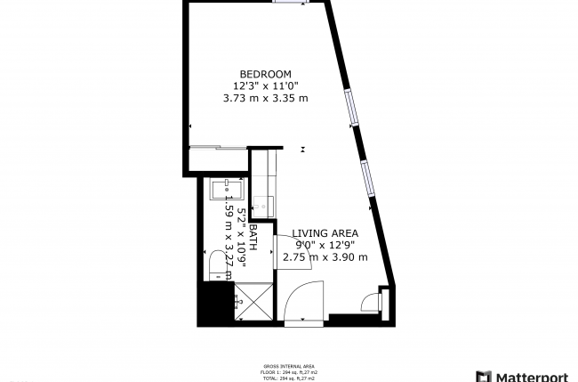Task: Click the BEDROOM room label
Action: pos(265,73)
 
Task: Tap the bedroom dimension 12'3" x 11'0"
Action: pos(265,85)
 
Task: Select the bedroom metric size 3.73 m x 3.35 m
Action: pos(265,98)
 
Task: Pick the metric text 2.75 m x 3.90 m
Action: pos(325,257)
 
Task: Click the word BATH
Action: pos(253,237)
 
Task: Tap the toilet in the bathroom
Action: pos(216,264)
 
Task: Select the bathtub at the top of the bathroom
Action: pos(229,190)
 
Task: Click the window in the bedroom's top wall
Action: pos(287,3)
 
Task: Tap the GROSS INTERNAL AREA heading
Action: pos(289,366)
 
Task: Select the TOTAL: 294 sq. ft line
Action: pos(289,378)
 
